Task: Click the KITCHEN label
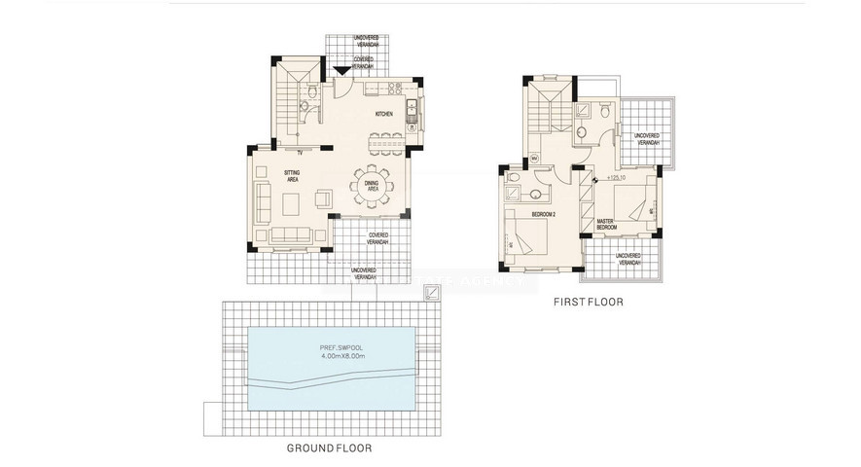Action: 384,115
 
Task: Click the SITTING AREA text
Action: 292,175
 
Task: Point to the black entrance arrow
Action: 340,70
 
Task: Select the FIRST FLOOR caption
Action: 589,303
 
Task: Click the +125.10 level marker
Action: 615,178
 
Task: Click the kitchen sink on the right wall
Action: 412,109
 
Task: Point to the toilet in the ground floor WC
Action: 307,96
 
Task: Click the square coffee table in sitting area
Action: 291,204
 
